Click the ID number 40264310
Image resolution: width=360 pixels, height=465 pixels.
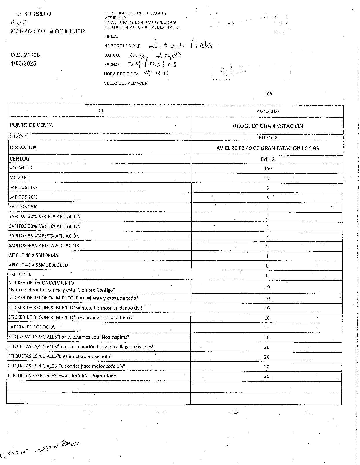point(268,111)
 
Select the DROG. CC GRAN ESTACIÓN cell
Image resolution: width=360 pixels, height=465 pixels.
point(267,126)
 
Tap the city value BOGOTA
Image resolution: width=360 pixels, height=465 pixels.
point(268,138)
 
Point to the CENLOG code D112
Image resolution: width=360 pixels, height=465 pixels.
point(268,159)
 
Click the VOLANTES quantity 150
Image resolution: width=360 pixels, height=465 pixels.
point(268,169)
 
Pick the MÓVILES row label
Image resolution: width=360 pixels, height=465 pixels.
point(19,177)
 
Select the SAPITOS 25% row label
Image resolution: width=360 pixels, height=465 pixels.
point(23,207)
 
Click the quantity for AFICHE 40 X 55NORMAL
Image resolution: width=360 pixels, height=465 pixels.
point(267,256)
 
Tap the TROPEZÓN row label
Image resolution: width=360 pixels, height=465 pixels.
point(20,275)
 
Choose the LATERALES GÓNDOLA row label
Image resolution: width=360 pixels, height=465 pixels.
point(32,327)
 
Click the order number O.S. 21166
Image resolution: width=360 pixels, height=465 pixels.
point(25,55)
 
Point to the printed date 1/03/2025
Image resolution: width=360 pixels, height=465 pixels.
point(23,63)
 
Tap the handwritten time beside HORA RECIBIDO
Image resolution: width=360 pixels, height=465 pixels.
point(157,73)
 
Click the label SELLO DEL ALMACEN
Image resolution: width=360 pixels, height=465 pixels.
point(126,83)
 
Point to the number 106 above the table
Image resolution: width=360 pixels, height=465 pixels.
point(268,94)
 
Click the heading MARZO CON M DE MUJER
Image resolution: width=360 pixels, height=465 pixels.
point(48,32)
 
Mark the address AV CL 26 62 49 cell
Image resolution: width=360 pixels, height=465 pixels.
point(267,148)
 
